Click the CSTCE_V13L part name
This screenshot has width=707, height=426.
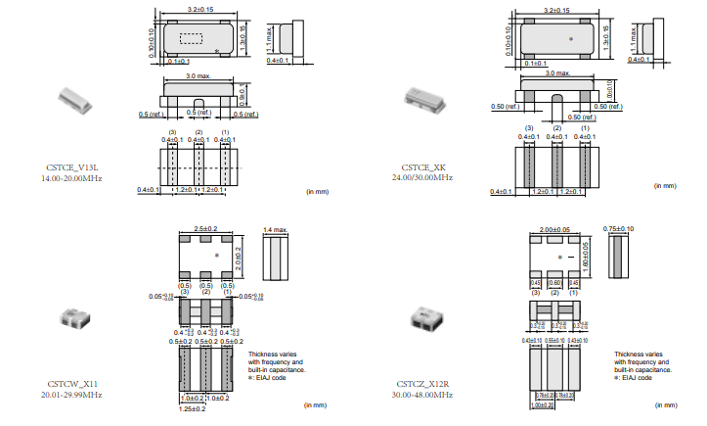tap(70, 168)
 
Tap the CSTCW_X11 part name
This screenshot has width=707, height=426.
tap(70, 384)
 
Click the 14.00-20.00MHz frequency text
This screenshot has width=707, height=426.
tap(70, 179)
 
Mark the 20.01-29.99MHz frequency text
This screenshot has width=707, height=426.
tap(70, 395)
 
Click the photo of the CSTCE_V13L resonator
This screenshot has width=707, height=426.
tap(71, 98)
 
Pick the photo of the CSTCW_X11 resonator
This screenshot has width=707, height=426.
tap(69, 316)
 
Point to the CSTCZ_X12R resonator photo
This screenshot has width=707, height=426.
tap(424, 316)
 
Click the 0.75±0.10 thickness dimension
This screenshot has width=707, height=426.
tap(618, 228)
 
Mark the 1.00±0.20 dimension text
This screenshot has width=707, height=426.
tap(543, 404)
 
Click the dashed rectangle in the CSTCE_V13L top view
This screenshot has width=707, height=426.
tap(190, 38)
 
